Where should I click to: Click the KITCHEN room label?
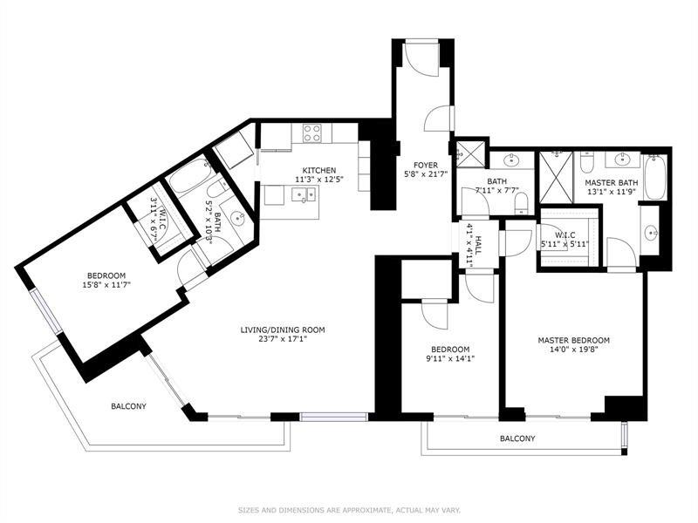click(319, 170)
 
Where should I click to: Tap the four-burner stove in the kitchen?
click(312, 133)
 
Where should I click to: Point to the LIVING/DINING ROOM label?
click(283, 330)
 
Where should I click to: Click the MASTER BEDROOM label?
click(574, 340)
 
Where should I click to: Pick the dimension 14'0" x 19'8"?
click(574, 350)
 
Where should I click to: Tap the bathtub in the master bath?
click(655, 177)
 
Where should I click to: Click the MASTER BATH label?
click(612, 183)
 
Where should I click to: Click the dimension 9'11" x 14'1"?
click(450, 358)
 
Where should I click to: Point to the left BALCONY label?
click(128, 406)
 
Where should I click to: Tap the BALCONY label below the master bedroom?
click(517, 438)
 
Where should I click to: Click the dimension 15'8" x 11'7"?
click(106, 285)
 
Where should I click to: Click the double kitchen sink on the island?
click(304, 194)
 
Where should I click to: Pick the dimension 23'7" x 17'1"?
click(283, 339)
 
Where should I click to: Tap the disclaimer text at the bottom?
click(350, 510)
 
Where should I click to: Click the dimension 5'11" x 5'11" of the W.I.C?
click(565, 244)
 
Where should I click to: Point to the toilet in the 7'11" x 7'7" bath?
click(521, 204)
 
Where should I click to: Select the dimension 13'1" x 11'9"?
click(612, 192)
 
